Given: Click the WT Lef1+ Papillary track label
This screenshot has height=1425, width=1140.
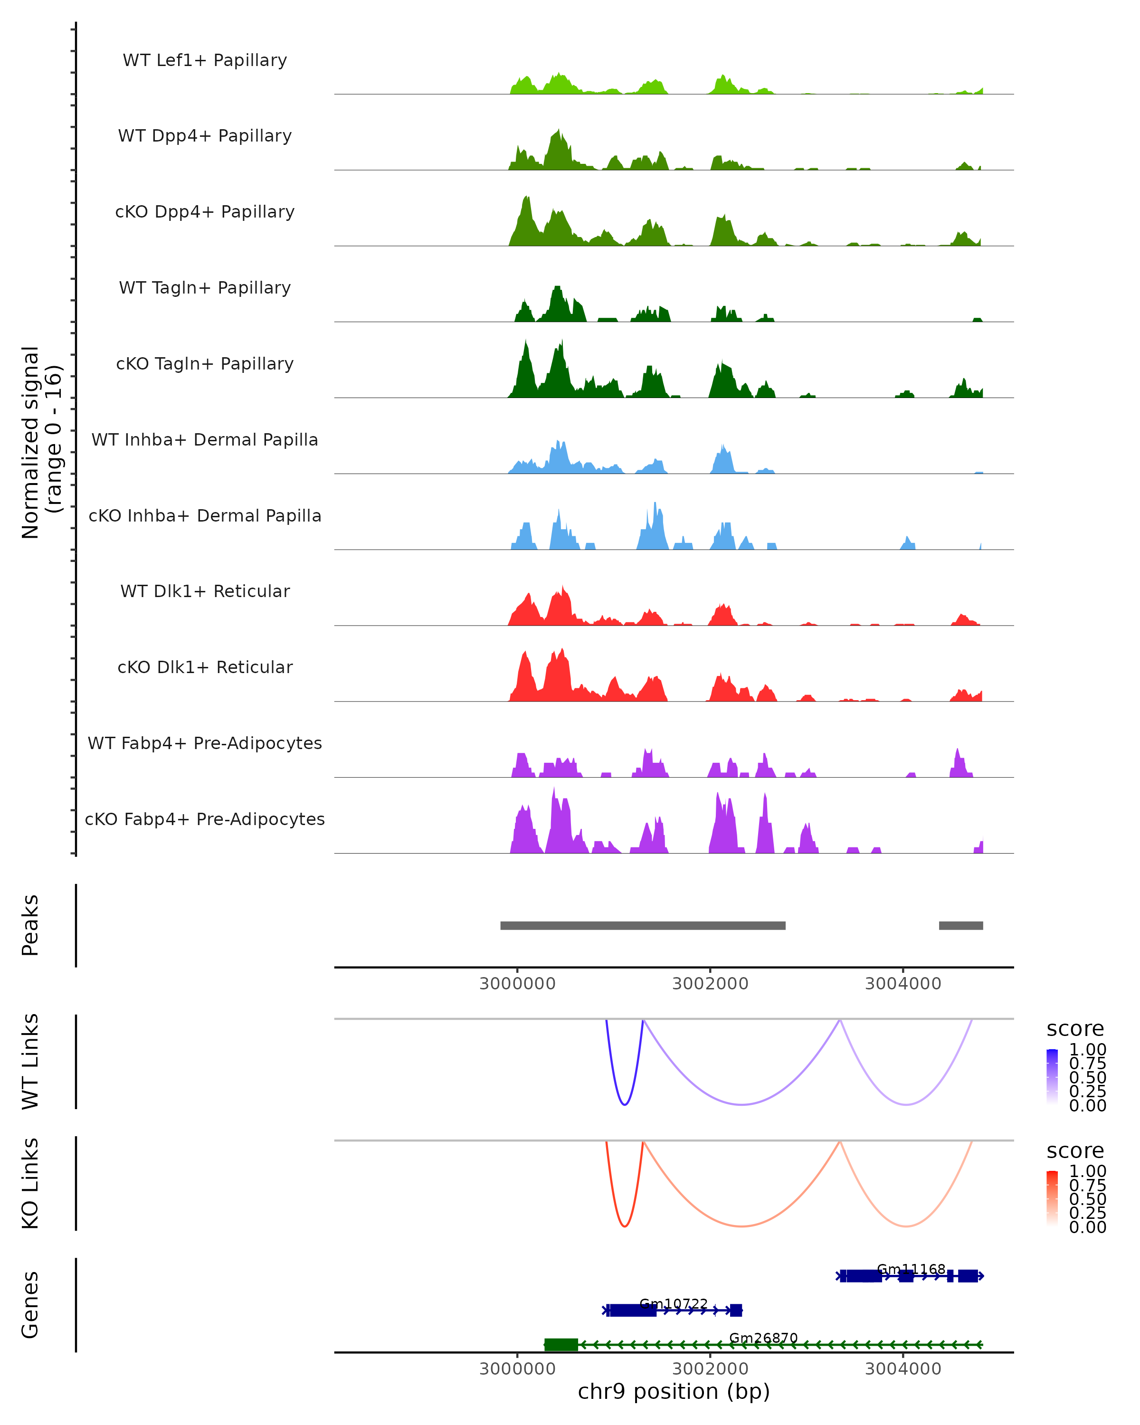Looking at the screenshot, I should [x=205, y=60].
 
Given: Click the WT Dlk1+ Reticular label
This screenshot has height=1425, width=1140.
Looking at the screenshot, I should [x=205, y=591].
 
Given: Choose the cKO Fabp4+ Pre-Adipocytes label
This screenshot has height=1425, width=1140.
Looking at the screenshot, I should [x=205, y=819].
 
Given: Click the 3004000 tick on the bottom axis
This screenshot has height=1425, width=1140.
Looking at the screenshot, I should [x=903, y=1369].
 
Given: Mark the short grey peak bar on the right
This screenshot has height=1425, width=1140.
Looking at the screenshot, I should [x=960, y=925].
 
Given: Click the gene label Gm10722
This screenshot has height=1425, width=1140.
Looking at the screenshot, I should [x=674, y=1304].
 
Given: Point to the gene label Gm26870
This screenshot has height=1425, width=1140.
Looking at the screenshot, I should [x=763, y=1339].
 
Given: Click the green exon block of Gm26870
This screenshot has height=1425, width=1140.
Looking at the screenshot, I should [x=560, y=1344].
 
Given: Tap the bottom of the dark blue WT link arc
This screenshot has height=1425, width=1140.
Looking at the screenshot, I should [x=625, y=1104].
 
